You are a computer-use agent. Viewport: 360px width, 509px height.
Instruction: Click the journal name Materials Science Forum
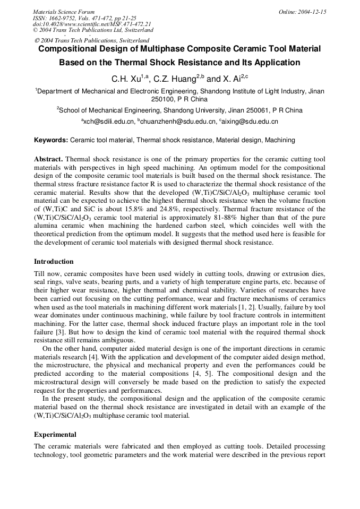coord(64,12)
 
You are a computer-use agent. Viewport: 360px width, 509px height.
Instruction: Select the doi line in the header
coord(92,24)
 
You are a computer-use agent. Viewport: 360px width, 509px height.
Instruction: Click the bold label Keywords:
coord(51,140)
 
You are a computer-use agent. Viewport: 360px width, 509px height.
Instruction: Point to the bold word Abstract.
coord(48,159)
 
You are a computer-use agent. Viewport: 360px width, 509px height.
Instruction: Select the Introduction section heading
coord(54,262)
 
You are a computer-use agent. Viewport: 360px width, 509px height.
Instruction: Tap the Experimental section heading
coord(55,434)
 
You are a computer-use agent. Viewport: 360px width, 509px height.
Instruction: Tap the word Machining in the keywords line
coord(280,140)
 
